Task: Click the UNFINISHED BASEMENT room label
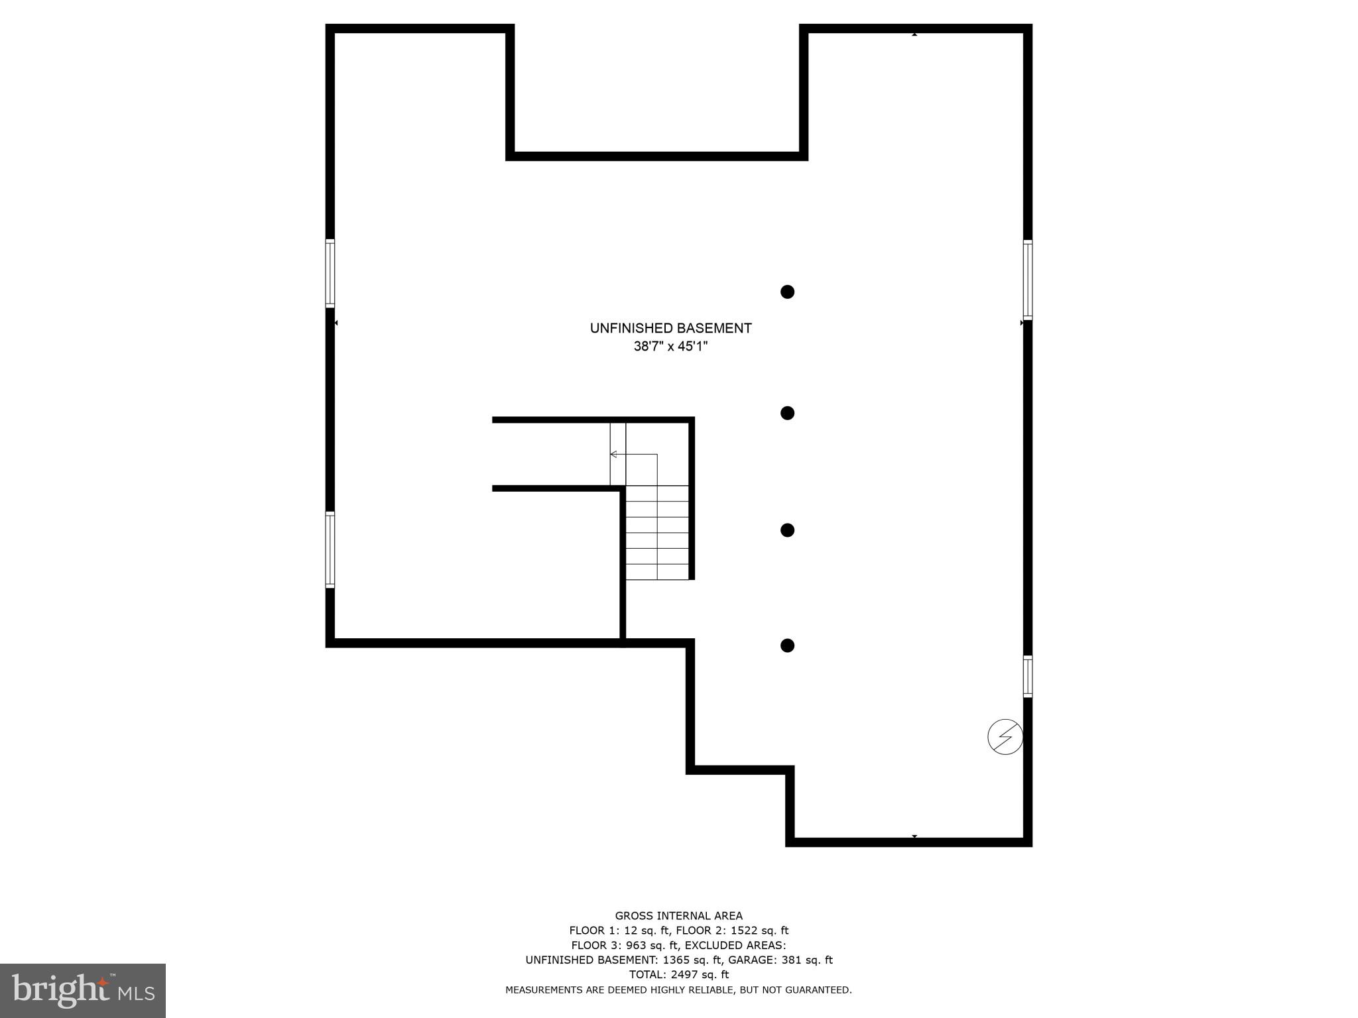click(x=670, y=328)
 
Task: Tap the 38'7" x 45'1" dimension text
click(x=670, y=346)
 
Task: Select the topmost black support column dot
click(x=787, y=292)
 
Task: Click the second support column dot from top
click(x=787, y=413)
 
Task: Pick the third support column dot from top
click(x=787, y=530)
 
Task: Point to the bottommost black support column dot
click(x=787, y=646)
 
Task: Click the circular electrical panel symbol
click(x=1005, y=736)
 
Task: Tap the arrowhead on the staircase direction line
click(x=613, y=454)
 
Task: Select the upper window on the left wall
click(x=330, y=273)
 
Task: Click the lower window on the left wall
click(x=330, y=549)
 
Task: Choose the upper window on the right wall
click(x=1027, y=280)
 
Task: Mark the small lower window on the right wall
click(x=1027, y=676)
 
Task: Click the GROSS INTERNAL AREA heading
click(x=678, y=916)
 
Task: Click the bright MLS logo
click(x=83, y=991)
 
